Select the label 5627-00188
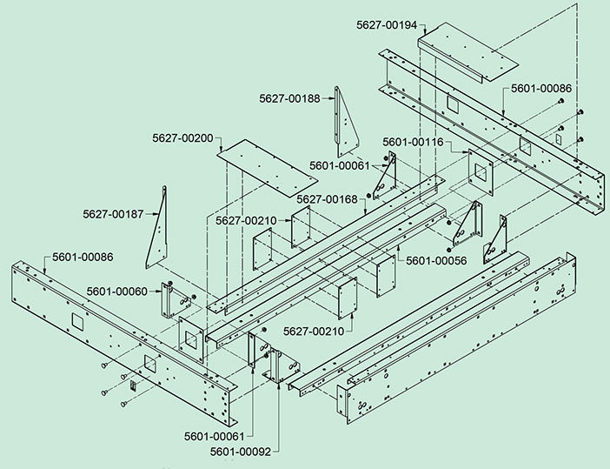click(288, 98)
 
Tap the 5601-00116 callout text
click(414, 141)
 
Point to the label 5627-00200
click(182, 137)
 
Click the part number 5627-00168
click(327, 199)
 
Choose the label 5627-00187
click(113, 214)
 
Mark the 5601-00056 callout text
click(436, 260)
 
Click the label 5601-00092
click(240, 452)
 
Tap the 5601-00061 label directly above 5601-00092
click(214, 434)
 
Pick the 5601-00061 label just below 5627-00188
click(339, 165)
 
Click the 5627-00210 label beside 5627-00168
click(246, 220)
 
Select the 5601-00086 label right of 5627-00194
click(541, 89)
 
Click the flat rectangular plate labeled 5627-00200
click(267, 168)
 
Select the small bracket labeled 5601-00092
click(280, 365)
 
